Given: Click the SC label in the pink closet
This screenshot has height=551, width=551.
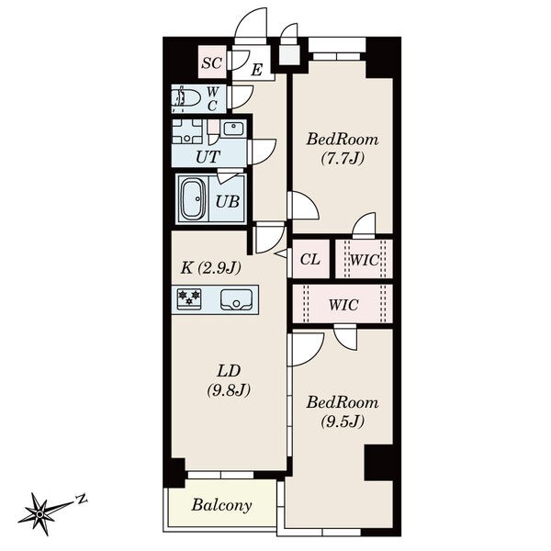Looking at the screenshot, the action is coord(212,63).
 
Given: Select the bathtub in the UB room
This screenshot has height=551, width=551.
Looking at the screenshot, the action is coord(193,199).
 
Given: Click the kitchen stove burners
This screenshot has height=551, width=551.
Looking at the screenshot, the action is coord(189,299).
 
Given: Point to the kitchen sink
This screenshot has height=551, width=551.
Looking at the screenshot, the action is coord(236,299).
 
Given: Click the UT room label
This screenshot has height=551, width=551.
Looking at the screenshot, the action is coord(208,157).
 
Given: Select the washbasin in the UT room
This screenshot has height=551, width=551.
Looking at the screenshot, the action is coord(233,128).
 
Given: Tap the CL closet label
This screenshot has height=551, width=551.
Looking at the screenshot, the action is coord(310,260).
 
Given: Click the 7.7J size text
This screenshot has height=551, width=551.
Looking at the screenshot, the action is coord(343,159).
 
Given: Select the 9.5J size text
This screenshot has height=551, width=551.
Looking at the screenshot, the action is coord(343,421).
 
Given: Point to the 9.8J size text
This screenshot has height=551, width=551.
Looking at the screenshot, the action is coord(229,389).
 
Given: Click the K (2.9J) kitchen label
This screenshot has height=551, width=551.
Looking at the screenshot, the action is coord(211,268).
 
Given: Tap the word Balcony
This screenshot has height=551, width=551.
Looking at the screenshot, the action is coord(221,505).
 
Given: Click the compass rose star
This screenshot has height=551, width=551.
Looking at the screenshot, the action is coord(40,514).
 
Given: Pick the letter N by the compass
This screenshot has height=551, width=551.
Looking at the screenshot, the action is coord(82,499).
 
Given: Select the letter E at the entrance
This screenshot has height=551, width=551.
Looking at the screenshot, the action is coord(257,70).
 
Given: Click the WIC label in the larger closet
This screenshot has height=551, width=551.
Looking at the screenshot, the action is coord(343,305).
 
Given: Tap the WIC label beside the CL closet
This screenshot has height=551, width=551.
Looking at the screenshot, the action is coord(365,260).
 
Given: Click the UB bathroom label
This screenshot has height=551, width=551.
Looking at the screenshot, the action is coord(228,202).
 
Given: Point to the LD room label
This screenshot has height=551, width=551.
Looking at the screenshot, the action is coord(229,371).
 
